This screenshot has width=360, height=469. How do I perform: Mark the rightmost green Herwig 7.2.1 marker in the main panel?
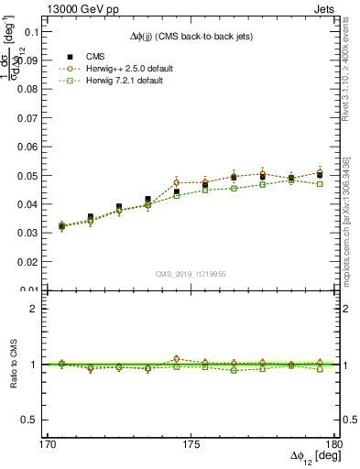point(319,183)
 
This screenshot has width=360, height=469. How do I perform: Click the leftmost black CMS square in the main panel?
point(61,225)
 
